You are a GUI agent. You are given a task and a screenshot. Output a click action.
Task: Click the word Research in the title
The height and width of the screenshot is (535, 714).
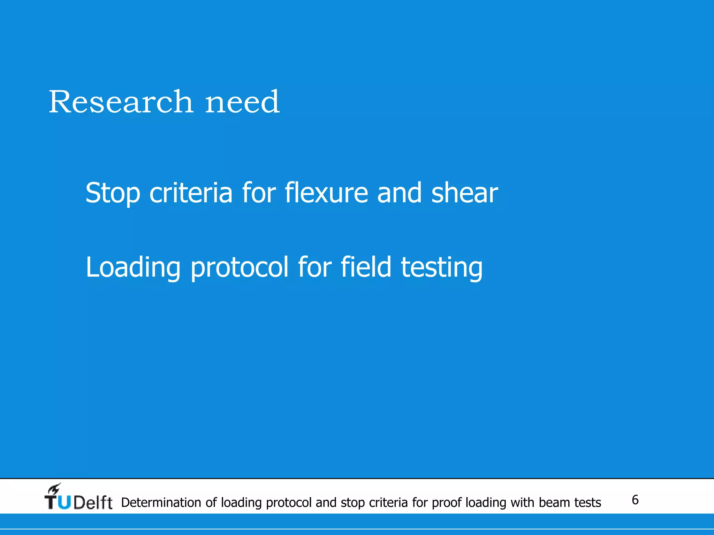click(x=121, y=102)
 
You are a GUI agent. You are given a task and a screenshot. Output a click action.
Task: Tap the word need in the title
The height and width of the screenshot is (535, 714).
click(x=242, y=102)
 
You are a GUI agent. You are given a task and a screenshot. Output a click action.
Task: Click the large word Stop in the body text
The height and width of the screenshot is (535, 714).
click(x=113, y=193)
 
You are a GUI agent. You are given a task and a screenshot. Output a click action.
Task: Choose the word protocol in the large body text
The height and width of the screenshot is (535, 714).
click(x=240, y=267)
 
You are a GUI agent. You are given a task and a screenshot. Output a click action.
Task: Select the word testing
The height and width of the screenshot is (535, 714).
click(x=442, y=267)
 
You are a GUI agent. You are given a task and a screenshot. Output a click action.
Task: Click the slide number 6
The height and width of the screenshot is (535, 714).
click(x=635, y=500)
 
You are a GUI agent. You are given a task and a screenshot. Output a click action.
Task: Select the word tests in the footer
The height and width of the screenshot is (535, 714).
click(x=588, y=503)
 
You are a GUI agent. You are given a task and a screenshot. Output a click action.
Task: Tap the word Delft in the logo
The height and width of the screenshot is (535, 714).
click(x=93, y=503)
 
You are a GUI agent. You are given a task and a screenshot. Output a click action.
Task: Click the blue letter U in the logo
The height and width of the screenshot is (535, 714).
click(x=64, y=503)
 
